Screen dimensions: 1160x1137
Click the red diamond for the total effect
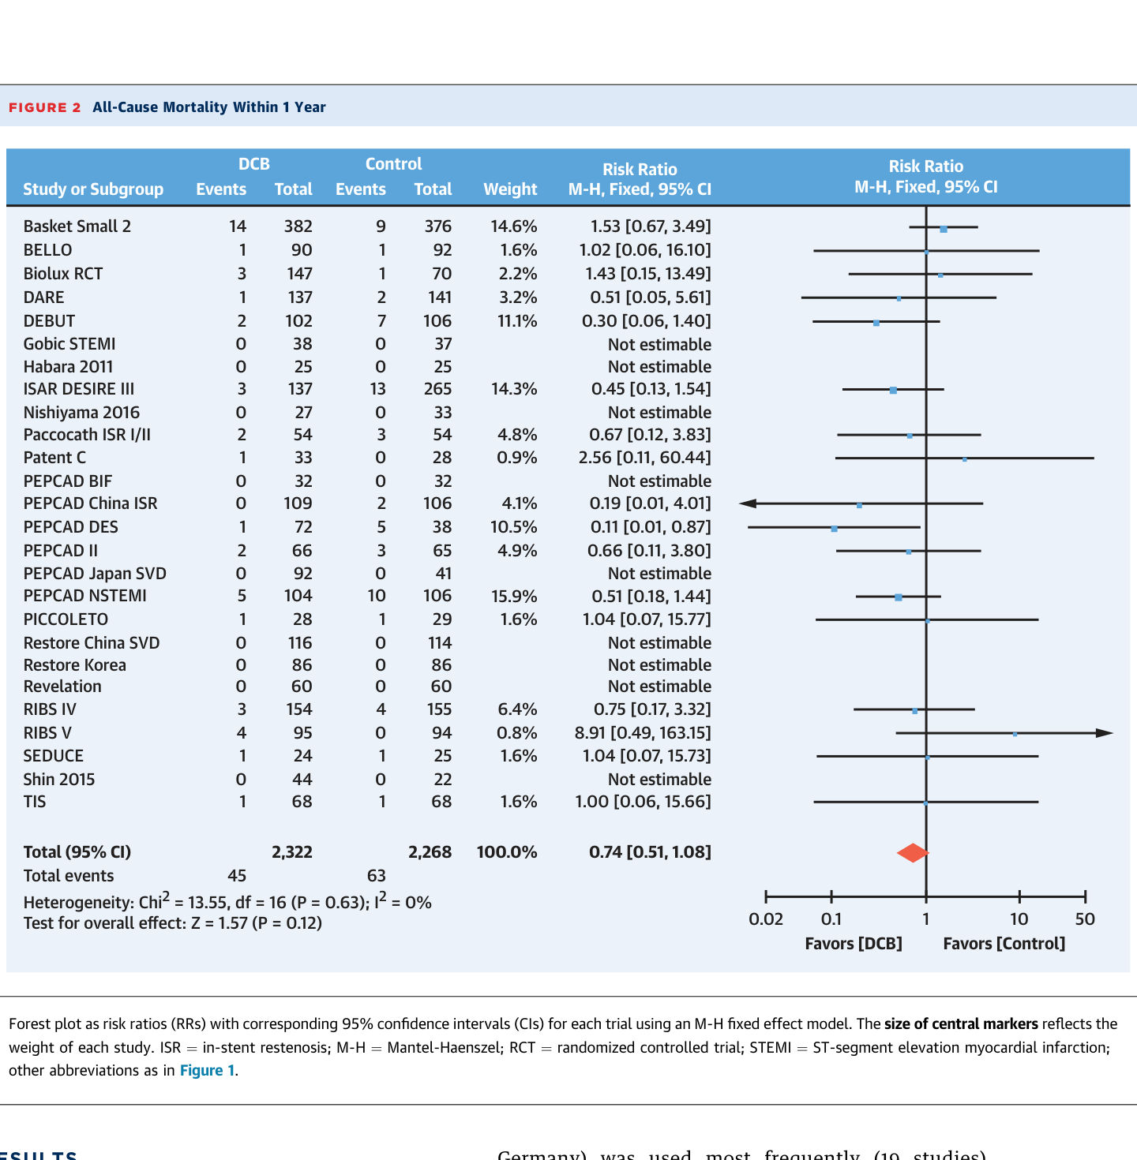pos(912,852)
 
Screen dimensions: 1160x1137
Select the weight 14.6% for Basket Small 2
pos(513,226)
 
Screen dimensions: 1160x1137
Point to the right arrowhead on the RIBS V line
pos(1105,733)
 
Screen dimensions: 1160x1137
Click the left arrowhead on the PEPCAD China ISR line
pos(748,503)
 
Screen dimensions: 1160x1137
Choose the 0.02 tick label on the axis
pos(765,919)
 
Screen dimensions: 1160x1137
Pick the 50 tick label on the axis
pos(1085,919)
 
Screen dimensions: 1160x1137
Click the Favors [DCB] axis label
pos(853,944)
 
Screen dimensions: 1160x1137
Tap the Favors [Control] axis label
pos(1004,944)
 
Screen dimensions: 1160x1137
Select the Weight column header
pos(510,189)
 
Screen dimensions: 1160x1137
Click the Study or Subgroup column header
pos(93,189)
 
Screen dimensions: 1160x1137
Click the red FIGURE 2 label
pos(45,107)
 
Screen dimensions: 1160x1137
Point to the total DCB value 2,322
pos(291,852)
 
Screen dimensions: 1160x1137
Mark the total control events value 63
pos(376,876)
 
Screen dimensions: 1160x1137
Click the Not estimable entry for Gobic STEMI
pos(659,345)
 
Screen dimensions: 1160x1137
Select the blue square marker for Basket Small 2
pos(944,229)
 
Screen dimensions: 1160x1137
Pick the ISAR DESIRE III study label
pos(78,389)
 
